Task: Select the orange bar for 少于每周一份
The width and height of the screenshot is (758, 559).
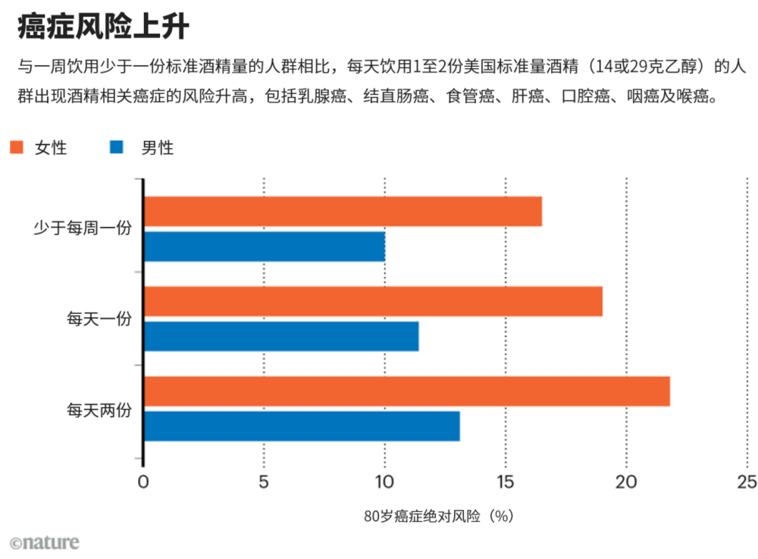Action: pos(343,212)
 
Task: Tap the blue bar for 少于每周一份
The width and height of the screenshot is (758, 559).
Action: pos(265,247)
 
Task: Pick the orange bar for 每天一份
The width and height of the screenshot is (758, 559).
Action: pos(373,301)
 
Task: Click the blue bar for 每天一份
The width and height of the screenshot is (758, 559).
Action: pos(281,336)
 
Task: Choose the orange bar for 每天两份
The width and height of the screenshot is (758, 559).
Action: pos(407,391)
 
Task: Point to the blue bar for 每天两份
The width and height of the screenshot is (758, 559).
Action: pos(302,426)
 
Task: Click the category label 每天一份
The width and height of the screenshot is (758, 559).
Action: pos(99,319)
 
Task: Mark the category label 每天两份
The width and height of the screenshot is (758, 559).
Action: pos(99,410)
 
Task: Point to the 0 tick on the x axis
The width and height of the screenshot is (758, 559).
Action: pos(143,482)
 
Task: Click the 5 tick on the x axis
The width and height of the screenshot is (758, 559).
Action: pos(264,482)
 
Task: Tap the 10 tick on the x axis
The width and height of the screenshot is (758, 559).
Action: pos(384,482)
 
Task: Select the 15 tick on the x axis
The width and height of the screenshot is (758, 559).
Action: pos(505,482)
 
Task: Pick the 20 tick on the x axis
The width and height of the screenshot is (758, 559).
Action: pos(626,482)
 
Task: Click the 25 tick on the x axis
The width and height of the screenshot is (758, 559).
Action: pos(747,482)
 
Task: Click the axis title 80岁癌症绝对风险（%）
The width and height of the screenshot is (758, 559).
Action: pos(439,517)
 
